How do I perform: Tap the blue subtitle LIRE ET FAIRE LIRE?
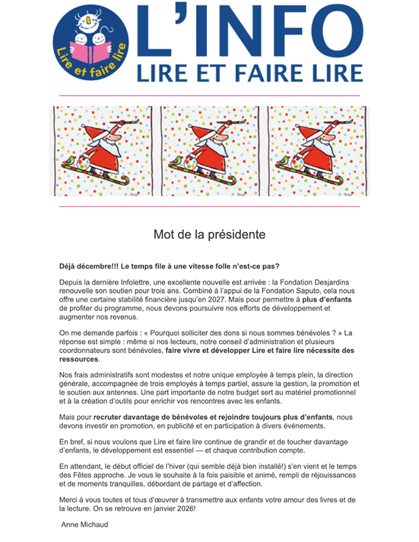click(x=250, y=72)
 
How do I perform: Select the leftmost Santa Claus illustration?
click(x=105, y=151)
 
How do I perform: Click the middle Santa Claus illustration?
click(x=213, y=151)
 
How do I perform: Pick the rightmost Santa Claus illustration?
click(x=317, y=151)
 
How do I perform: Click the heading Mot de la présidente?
click(x=209, y=235)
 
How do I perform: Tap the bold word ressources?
click(x=79, y=359)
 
